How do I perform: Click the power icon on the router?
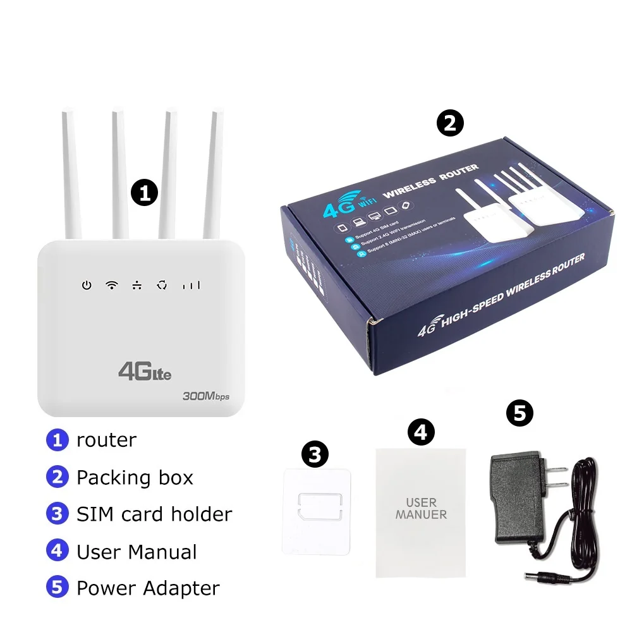[x=87, y=286]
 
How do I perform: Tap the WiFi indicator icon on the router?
[x=112, y=285]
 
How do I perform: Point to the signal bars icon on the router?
[x=191, y=286]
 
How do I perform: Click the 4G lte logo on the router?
[x=145, y=371]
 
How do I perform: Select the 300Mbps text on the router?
[x=205, y=397]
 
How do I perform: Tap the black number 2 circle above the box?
[x=450, y=123]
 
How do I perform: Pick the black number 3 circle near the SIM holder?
[x=315, y=453]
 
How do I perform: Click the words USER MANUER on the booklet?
[x=421, y=509]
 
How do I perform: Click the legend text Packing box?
[x=135, y=477]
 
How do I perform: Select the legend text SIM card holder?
[x=154, y=514]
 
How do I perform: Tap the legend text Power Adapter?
[x=148, y=588]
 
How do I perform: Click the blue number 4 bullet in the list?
[x=57, y=551]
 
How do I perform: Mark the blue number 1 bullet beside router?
[x=57, y=440]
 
